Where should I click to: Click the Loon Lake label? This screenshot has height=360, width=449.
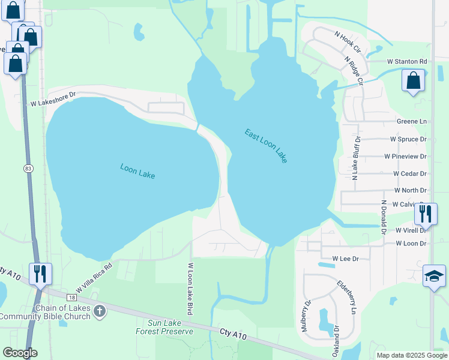tap(137, 171)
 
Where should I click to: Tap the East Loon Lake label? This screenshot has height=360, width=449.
tap(266, 146)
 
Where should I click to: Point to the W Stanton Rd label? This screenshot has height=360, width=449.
tap(406, 61)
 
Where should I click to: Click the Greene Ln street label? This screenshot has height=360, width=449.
tap(411, 121)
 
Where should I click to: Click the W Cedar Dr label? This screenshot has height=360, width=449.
tap(409, 173)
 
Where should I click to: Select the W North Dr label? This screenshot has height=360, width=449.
tap(410, 190)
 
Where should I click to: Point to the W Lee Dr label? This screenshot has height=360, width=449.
tap(345, 259)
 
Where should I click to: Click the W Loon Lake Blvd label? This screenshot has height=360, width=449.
tap(190, 289)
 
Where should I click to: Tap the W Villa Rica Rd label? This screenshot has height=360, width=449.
tap(94, 278)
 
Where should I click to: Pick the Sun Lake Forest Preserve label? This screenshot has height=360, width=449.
tap(164, 326)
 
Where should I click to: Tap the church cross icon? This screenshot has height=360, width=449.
tap(100, 311)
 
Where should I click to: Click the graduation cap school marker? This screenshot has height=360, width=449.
tap(434, 275)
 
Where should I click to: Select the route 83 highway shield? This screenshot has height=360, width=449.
tap(28, 169)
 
